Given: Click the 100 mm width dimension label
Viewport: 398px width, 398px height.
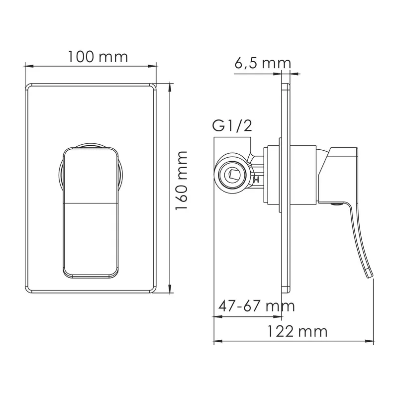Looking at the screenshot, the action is point(98,57).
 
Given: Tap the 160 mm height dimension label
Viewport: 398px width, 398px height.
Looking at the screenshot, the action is point(182,181).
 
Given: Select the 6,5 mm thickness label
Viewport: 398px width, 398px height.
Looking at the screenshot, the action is point(263,64).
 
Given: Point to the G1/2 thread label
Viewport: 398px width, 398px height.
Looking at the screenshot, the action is point(232,126).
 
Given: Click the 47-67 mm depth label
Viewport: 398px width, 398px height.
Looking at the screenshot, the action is point(256,306).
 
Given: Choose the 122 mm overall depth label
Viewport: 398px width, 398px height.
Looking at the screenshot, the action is point(298,331).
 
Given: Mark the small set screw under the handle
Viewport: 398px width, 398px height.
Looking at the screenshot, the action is point(337,203).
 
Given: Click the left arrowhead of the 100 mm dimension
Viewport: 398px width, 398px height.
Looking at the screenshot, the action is point(29,66).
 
